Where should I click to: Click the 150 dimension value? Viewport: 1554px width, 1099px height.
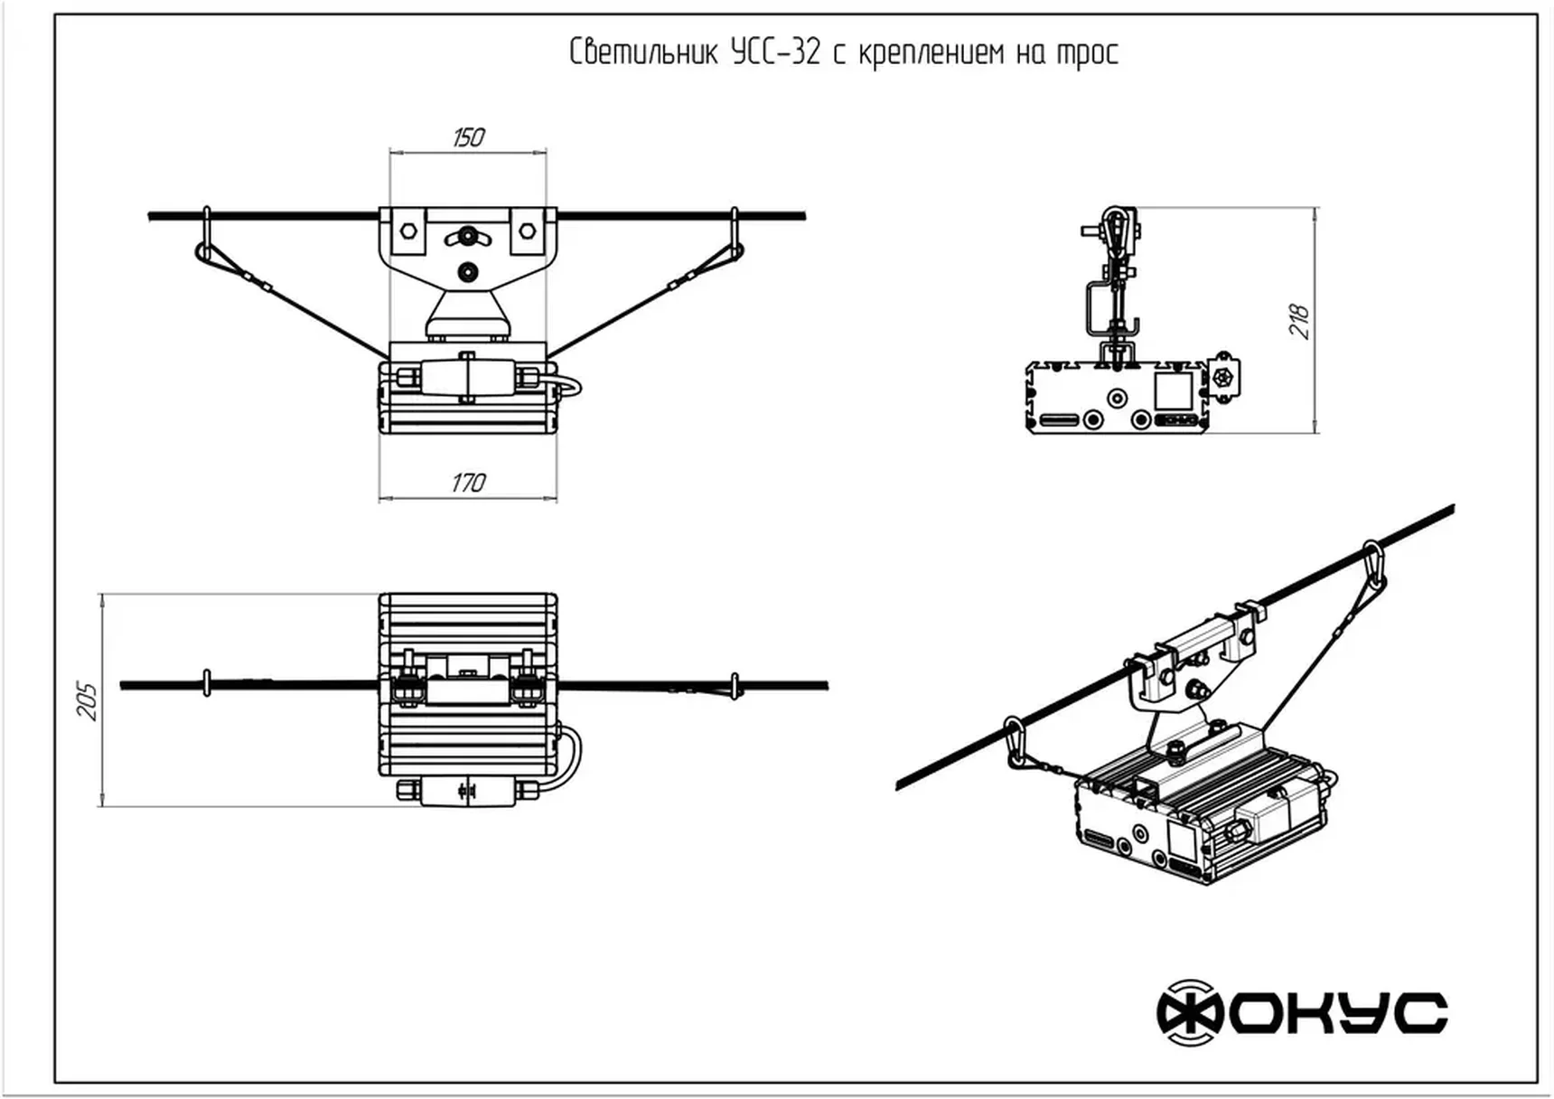(468, 137)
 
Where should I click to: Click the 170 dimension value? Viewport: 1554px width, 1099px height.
(468, 483)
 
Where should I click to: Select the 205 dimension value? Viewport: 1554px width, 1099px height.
(87, 700)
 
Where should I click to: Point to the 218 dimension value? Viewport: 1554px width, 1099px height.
(1299, 321)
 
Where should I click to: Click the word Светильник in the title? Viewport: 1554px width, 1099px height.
(643, 52)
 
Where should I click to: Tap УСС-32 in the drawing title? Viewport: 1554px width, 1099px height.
(776, 52)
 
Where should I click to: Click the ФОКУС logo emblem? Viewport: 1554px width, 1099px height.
(1190, 1012)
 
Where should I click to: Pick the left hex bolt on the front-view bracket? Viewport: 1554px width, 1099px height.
(408, 230)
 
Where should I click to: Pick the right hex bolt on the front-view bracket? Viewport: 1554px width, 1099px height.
(527, 230)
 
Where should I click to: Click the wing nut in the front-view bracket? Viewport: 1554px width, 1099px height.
(468, 237)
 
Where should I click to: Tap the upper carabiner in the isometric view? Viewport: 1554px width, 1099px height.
(1373, 564)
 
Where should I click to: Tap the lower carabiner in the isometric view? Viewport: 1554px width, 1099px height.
(1016, 742)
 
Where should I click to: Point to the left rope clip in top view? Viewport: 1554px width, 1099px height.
(207, 683)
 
